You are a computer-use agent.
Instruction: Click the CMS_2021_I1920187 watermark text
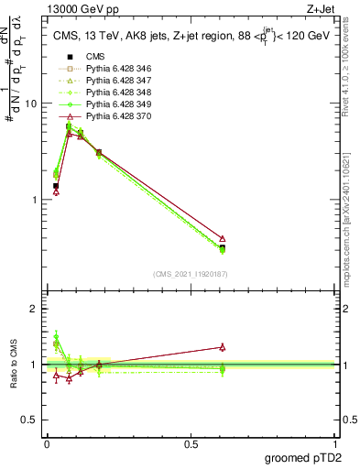tap(191, 274)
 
